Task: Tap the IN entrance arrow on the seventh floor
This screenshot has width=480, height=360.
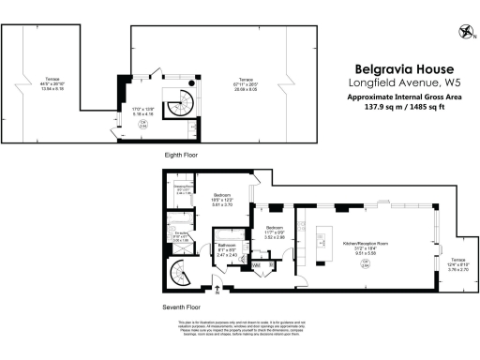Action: (x=217, y=292)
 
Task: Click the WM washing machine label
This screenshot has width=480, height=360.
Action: (x=256, y=265)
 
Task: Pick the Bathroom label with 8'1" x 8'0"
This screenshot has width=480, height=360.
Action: (x=228, y=248)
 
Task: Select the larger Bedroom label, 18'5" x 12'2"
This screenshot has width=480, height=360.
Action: (x=221, y=198)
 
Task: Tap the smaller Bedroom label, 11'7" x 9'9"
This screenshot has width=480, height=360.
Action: (x=274, y=232)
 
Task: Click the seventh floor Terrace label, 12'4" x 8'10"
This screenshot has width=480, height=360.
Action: (x=456, y=264)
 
